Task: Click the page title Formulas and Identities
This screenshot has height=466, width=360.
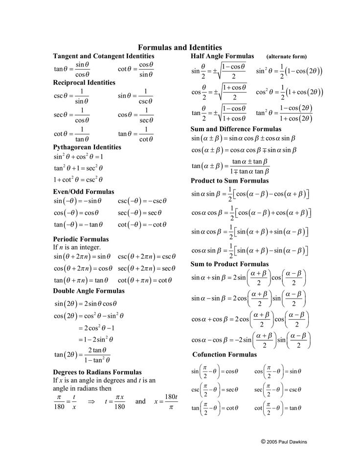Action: (x=180, y=47)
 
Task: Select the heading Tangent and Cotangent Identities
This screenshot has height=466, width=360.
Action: (x=103, y=57)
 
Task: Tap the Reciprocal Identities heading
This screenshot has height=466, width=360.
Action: (x=84, y=83)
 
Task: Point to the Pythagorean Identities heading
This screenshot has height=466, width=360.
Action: (x=87, y=147)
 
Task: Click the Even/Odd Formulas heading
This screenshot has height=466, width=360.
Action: (x=84, y=191)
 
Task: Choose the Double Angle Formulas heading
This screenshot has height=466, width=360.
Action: (x=89, y=291)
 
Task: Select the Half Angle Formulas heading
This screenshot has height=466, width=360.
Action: (x=223, y=56)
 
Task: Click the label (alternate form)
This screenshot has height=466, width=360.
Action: (x=287, y=57)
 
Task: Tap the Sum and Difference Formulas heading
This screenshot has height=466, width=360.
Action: (x=236, y=129)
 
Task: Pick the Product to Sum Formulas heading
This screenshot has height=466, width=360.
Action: (x=230, y=181)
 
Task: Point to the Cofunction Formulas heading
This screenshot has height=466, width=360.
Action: (x=225, y=354)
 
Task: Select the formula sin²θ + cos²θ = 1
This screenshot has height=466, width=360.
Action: (x=78, y=157)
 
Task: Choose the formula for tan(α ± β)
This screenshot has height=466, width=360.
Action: (x=230, y=166)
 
